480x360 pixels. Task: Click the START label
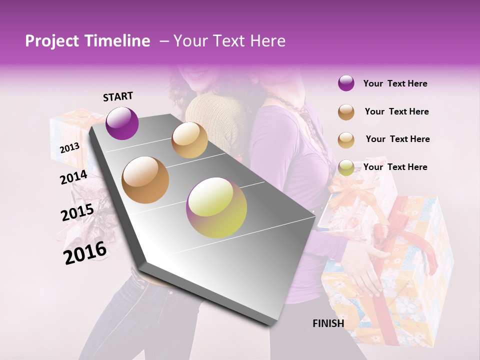pyautogui.click(x=118, y=96)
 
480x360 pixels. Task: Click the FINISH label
pyautogui.click(x=328, y=323)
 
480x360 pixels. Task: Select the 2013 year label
pyautogui.click(x=69, y=147)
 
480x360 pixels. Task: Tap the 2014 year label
pyautogui.click(x=73, y=177)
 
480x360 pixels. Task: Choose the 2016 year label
pyautogui.click(x=85, y=253)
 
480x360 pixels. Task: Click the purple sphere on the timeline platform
pyautogui.click(x=122, y=123)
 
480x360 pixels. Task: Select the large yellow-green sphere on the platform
pyautogui.click(x=216, y=207)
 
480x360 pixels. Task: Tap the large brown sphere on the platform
pyautogui.click(x=145, y=180)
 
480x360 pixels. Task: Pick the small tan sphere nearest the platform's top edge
pyautogui.click(x=189, y=140)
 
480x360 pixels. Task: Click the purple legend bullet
pyautogui.click(x=346, y=83)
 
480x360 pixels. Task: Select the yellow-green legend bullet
pyautogui.click(x=346, y=167)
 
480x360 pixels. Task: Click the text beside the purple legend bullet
pyautogui.click(x=395, y=83)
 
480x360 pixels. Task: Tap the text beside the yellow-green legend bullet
pyautogui.click(x=395, y=167)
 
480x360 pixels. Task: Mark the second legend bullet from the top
pyautogui.click(x=346, y=112)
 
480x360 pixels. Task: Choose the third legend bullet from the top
pyautogui.click(x=346, y=139)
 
